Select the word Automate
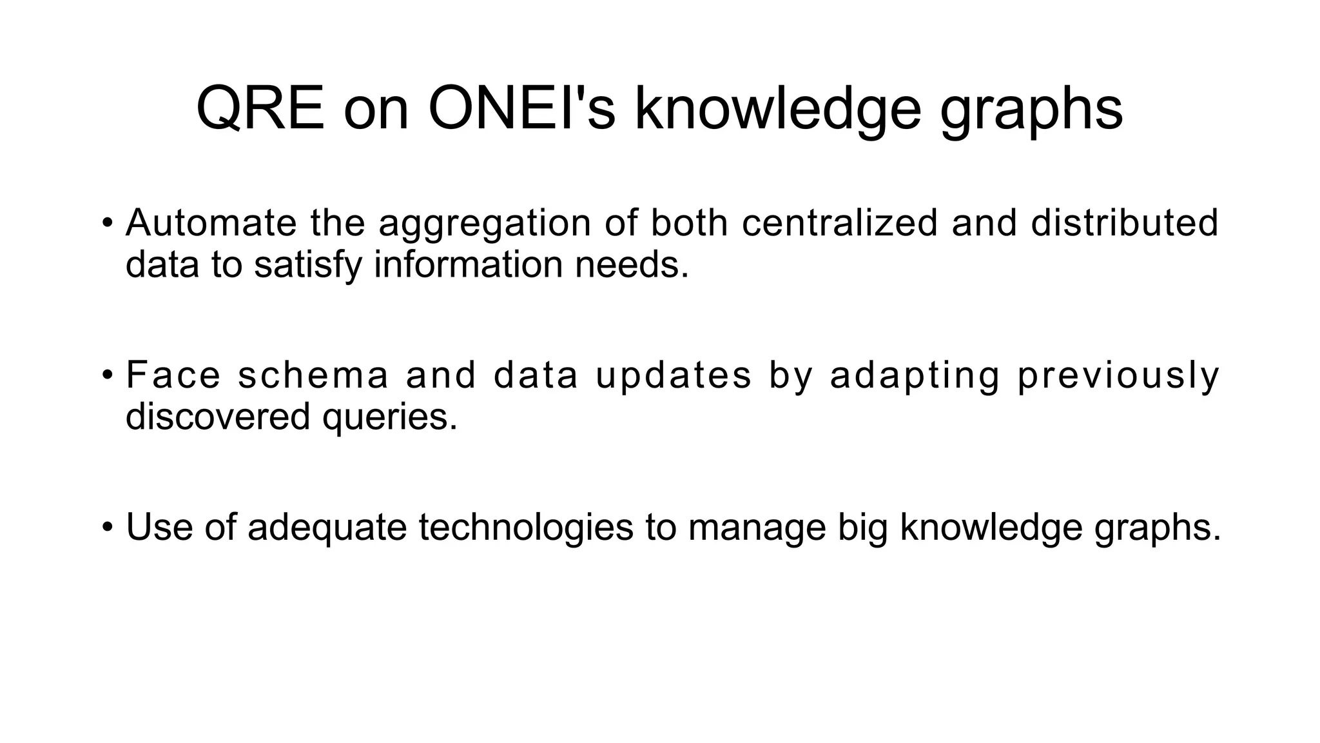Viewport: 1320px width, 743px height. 211,223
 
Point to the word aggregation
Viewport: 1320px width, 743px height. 484,224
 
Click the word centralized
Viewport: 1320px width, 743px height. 839,223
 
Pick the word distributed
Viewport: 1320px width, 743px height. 1124,223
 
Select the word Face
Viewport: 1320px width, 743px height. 173,375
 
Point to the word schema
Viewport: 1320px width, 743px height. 313,375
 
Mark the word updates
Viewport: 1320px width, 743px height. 674,376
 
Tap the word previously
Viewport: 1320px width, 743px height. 1119,376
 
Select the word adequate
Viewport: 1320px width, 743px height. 327,528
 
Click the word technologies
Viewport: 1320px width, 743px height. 526,528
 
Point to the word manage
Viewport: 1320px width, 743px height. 757,528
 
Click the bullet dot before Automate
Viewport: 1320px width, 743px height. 107,223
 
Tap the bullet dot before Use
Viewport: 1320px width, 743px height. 107,528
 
